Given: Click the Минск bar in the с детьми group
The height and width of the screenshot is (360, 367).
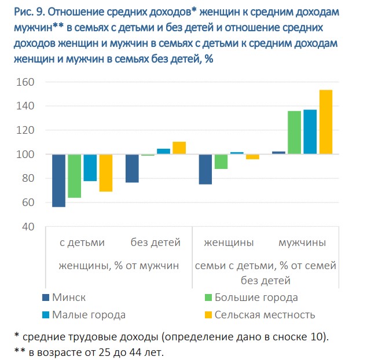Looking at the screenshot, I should point(58,181).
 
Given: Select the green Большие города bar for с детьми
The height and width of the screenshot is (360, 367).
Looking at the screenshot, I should point(74,176).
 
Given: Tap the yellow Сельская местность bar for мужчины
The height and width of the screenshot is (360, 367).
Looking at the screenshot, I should point(326,122).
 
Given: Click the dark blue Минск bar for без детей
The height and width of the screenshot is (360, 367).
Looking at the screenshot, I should point(132,168).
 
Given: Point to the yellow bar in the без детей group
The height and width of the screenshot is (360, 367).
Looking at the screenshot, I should point(179,148).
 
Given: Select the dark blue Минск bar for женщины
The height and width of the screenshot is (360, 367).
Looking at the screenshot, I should point(205,170).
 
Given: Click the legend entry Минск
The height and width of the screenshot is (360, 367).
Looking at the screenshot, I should point(69,297).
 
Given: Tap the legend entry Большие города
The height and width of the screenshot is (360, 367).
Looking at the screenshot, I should point(256,297).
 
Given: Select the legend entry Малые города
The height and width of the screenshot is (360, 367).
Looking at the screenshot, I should point(89,315).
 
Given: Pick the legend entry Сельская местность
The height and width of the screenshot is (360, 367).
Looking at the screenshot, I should point(265,315).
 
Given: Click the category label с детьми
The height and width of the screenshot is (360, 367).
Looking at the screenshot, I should point(82,243).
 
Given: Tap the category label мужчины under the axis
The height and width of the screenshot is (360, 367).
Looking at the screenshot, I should point(302,243).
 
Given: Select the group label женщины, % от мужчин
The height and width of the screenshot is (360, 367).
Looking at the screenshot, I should point(118,266).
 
